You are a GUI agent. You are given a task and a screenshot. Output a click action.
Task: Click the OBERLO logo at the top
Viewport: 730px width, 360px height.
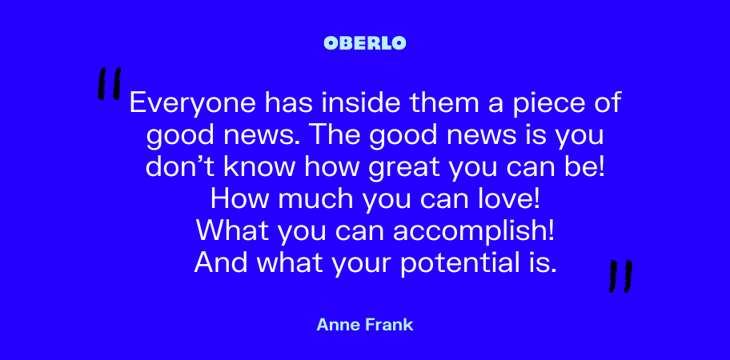pyautogui.click(x=365, y=43)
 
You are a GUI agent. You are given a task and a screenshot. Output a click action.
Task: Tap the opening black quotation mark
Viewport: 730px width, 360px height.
pyautogui.click(x=110, y=83)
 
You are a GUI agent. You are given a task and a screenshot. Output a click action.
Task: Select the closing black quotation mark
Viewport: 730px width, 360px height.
pyautogui.click(x=620, y=276)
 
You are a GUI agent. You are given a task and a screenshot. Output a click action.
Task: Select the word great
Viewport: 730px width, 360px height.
pyautogui.click(x=403, y=169)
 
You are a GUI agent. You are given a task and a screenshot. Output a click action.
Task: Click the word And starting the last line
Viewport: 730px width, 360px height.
pyautogui.click(x=221, y=263)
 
